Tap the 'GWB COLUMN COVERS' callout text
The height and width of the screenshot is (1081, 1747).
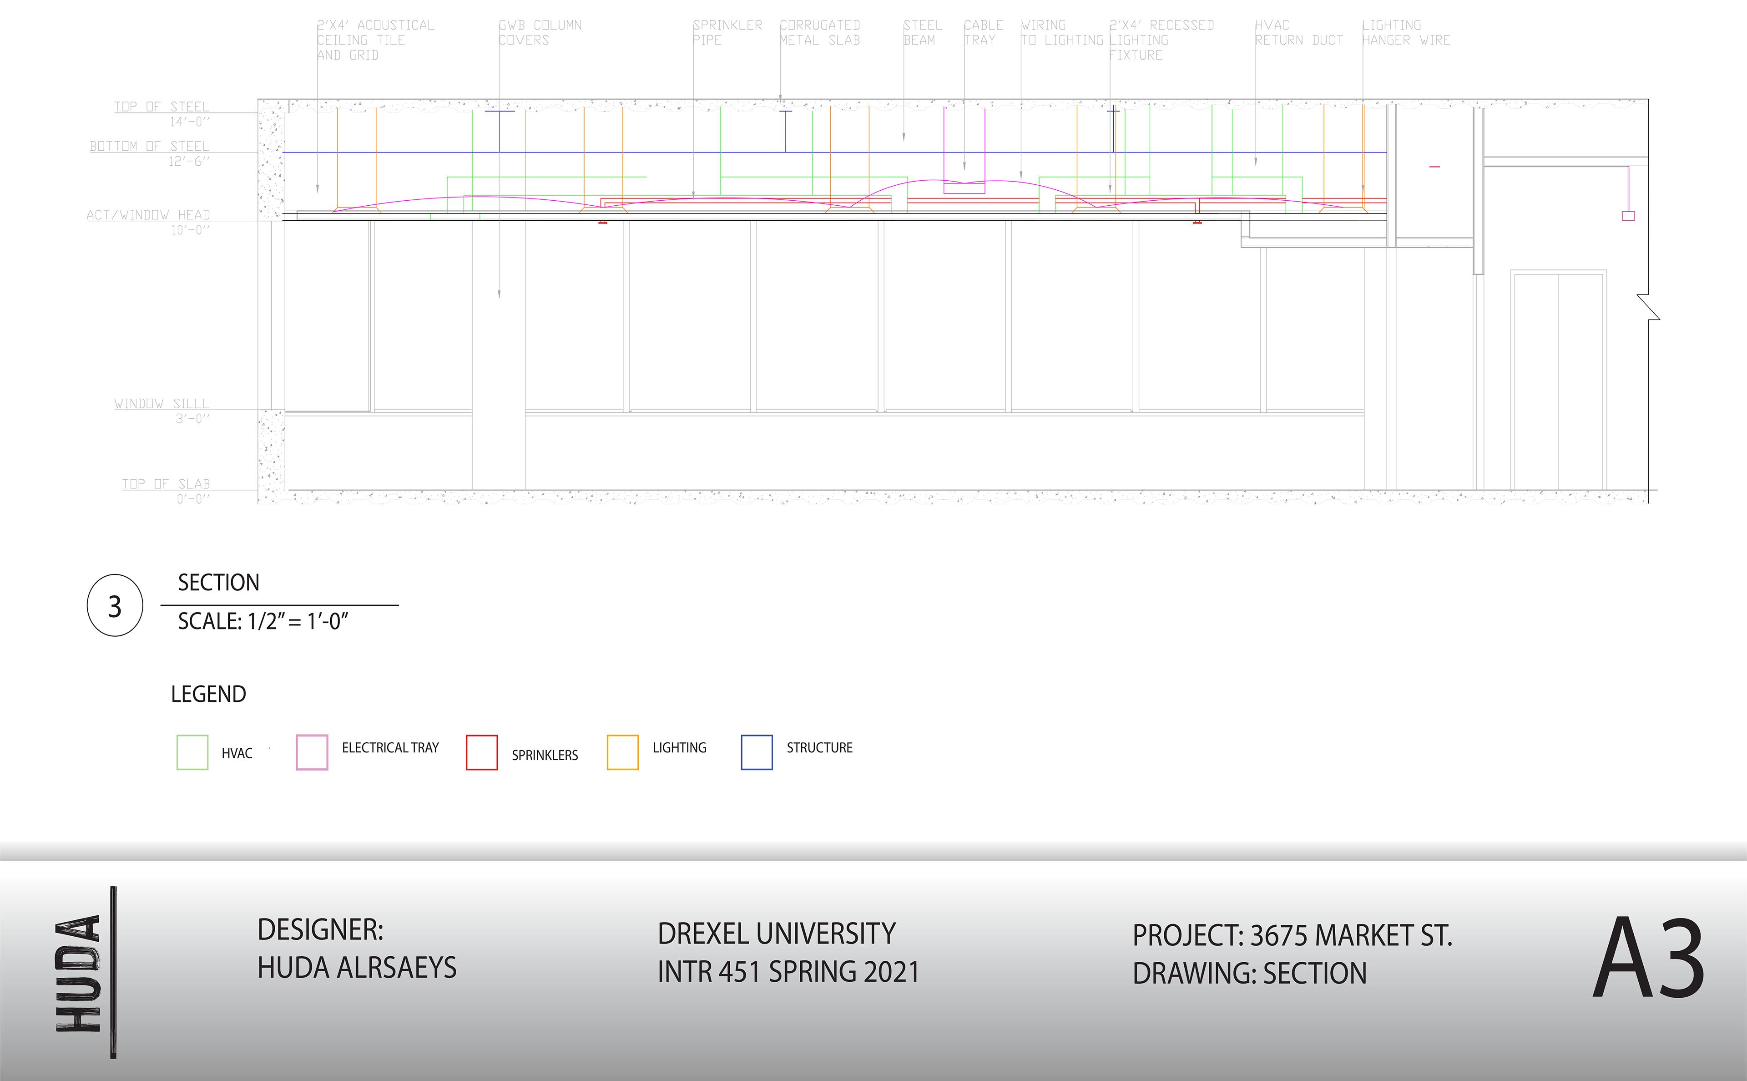click(x=540, y=33)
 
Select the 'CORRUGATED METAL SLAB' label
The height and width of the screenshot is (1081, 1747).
click(x=819, y=33)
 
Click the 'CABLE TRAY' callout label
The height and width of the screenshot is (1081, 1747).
click(x=983, y=33)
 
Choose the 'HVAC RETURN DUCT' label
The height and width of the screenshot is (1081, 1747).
click(x=1298, y=33)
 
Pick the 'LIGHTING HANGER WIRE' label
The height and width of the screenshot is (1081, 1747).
click(x=1405, y=33)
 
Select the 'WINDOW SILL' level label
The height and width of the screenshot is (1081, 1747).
click(x=162, y=404)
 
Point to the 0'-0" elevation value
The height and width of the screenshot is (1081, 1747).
click(x=193, y=499)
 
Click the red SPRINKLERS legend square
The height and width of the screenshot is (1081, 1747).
click(x=482, y=752)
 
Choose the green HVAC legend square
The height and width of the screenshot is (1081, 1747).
click(x=192, y=752)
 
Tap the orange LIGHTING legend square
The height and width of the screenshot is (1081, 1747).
click(x=622, y=752)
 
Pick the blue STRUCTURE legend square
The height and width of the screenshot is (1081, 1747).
click(x=757, y=752)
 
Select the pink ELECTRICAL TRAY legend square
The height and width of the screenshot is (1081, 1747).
click(x=312, y=752)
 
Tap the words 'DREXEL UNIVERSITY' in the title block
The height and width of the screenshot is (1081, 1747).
click(x=776, y=934)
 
